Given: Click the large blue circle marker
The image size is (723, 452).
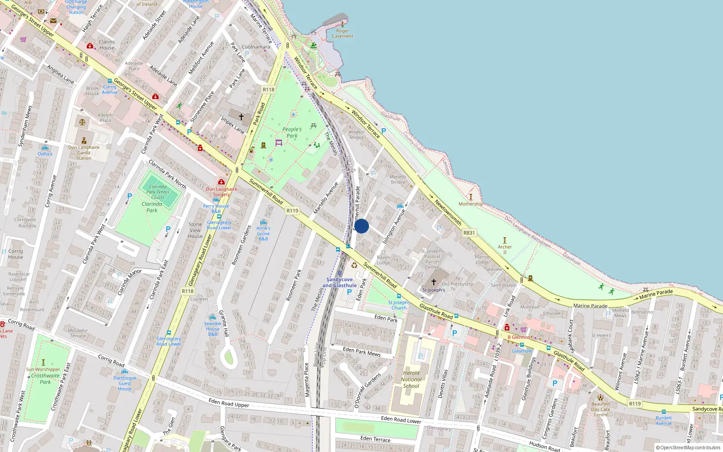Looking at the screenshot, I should (361, 226).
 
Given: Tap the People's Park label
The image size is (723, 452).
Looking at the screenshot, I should (292, 132).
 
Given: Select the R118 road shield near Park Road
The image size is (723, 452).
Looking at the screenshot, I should (268, 89).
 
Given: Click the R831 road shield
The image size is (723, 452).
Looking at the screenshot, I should (469, 233).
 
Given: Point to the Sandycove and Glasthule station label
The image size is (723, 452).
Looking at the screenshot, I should (339, 282).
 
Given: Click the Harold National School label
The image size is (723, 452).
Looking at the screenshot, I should (411, 380).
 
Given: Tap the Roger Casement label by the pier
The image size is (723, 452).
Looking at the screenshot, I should (343, 33).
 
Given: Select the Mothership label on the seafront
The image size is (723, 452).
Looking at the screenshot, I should (470, 204).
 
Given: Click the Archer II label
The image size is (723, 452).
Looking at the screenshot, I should (505, 249).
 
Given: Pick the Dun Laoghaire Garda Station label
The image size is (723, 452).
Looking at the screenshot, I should (84, 152).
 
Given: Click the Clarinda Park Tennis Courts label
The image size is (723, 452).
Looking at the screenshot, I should (158, 192).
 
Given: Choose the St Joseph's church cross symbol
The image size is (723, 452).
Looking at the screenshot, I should (433, 282).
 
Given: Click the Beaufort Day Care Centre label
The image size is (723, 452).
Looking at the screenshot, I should (601, 409).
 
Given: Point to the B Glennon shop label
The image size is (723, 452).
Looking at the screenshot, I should (519, 337).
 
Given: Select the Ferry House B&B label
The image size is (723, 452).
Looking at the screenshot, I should (216, 208).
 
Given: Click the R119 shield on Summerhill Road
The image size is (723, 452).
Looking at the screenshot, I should (292, 211).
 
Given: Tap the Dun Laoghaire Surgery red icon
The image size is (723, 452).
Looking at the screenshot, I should (221, 182).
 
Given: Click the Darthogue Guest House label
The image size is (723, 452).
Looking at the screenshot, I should (125, 383).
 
